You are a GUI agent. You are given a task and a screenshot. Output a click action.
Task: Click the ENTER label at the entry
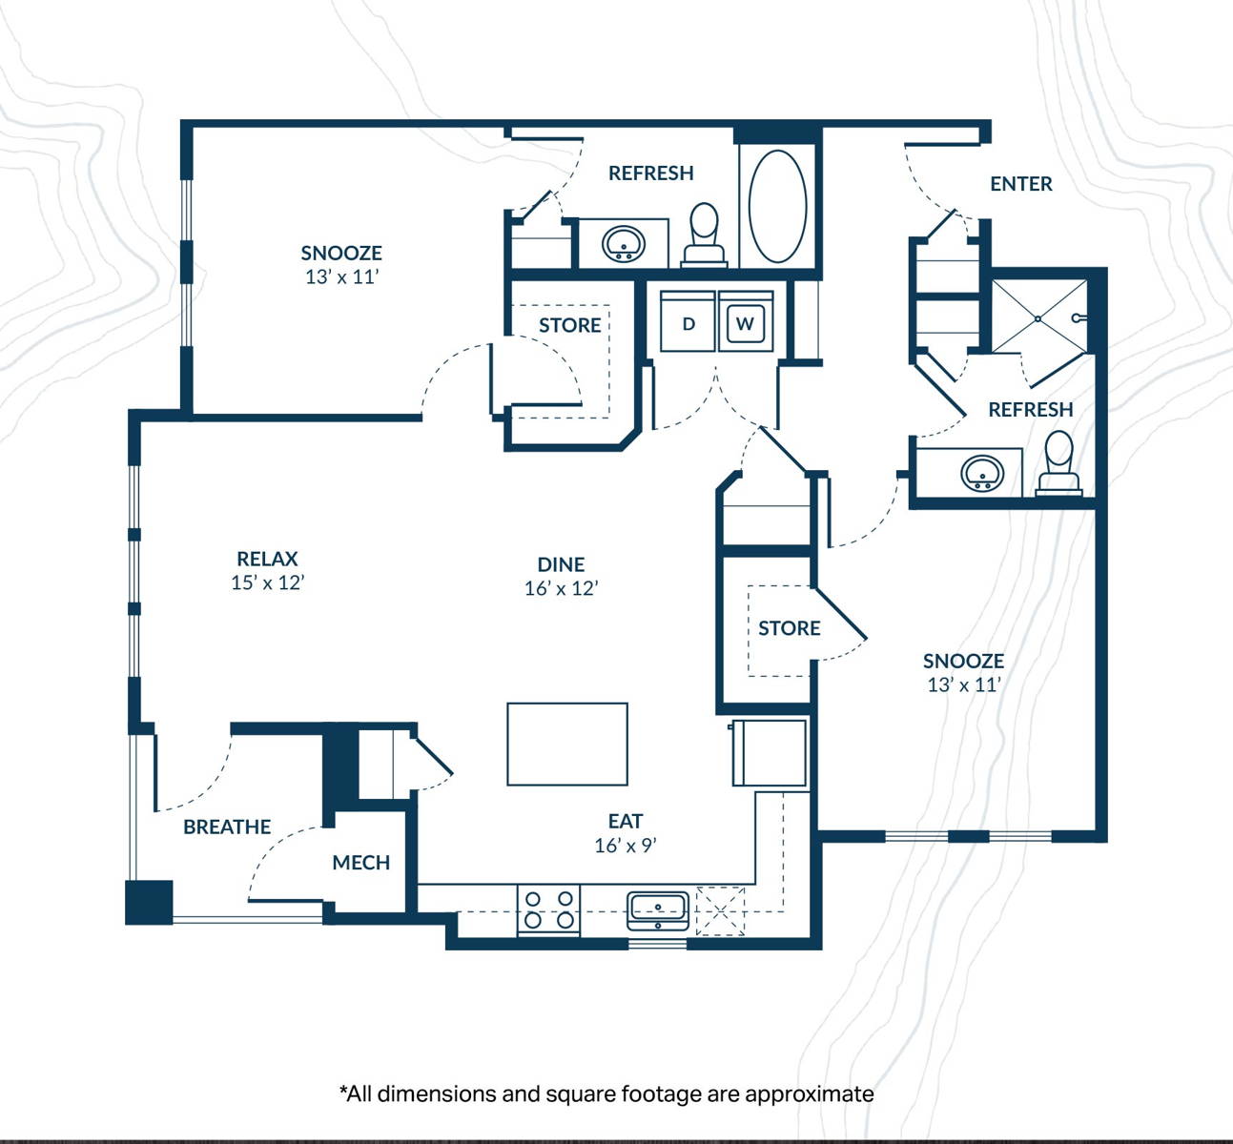(x=1020, y=184)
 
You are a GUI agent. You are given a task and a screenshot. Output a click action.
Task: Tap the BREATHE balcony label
(x=227, y=827)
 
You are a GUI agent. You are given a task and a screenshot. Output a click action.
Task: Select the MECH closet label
(x=360, y=862)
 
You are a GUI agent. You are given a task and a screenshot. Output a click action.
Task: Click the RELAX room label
(x=268, y=559)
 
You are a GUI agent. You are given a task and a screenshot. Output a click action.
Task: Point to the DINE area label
(x=562, y=564)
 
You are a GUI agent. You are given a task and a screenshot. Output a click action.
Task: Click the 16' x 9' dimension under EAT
(x=626, y=846)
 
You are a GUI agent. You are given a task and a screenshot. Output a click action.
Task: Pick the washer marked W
(x=745, y=322)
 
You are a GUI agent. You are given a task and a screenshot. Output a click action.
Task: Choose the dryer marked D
(x=688, y=322)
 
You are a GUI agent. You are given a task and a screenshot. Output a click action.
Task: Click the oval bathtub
(x=778, y=206)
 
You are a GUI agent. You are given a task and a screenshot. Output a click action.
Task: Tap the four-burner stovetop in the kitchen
(x=549, y=910)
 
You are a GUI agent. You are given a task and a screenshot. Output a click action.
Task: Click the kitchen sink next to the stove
(x=658, y=910)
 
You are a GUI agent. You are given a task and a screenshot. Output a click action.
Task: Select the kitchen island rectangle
(x=567, y=745)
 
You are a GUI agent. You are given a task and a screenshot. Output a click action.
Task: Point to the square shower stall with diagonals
(x=1038, y=317)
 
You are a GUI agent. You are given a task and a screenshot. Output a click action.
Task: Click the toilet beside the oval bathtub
(x=705, y=235)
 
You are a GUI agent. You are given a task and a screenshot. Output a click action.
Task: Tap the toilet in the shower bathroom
(x=1059, y=463)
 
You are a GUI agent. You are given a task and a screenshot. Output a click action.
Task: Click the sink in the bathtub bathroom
(x=624, y=244)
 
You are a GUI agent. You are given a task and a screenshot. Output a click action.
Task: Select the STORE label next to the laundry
(x=569, y=325)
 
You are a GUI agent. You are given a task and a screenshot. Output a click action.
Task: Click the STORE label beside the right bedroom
(x=789, y=628)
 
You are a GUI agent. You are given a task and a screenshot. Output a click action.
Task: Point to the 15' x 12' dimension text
(x=268, y=582)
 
